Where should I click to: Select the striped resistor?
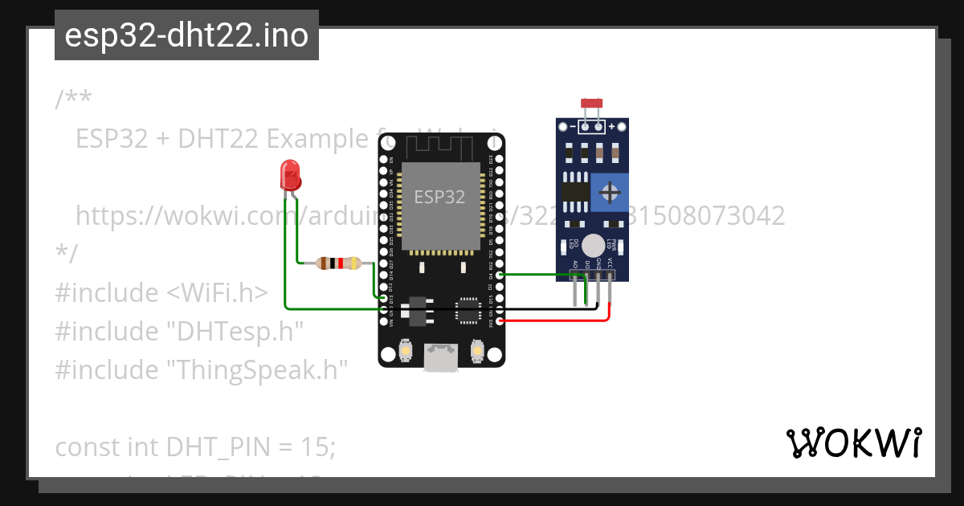(x=339, y=263)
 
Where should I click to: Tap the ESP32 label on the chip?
(x=439, y=197)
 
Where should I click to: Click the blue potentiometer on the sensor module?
(x=610, y=192)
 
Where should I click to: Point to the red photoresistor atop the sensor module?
(x=592, y=104)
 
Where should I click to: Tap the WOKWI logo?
(x=853, y=443)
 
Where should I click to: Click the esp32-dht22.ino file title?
(x=186, y=35)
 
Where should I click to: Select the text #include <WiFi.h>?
(x=161, y=292)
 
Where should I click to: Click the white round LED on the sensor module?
(x=593, y=245)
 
